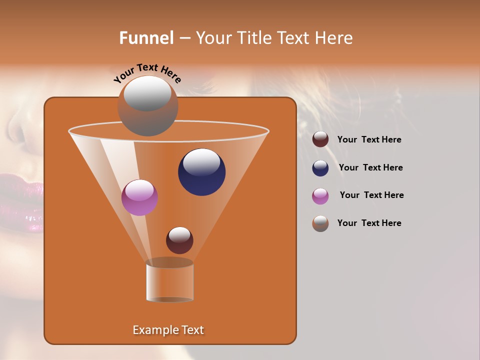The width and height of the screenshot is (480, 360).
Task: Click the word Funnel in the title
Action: pyautogui.click(x=146, y=38)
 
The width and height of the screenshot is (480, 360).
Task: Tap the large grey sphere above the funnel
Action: pyautogui.click(x=147, y=106)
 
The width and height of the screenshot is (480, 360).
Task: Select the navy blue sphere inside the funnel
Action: pyautogui.click(x=201, y=172)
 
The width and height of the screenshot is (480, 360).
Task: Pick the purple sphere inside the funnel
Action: pyautogui.click(x=139, y=197)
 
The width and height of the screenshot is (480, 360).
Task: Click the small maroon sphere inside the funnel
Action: pyautogui.click(x=179, y=240)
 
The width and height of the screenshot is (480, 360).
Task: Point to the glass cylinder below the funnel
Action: pyautogui.click(x=169, y=282)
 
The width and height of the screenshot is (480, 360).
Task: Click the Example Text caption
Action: pyautogui.click(x=168, y=330)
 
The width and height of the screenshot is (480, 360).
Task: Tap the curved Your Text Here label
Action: pyautogui.click(x=147, y=73)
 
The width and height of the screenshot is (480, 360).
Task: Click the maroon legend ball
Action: pyautogui.click(x=320, y=139)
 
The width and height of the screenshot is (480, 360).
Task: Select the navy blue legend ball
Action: pyautogui.click(x=320, y=168)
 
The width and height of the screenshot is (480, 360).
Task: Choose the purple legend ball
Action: pyautogui.click(x=320, y=196)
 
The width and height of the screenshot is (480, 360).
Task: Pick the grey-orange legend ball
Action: pyautogui.click(x=320, y=223)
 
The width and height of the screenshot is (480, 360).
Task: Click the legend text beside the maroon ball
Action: pyautogui.click(x=369, y=139)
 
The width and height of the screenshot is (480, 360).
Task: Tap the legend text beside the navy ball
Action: pyautogui.click(x=370, y=167)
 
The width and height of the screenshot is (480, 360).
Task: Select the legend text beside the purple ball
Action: pyautogui.click(x=371, y=195)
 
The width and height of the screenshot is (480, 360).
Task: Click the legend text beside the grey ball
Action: pyautogui.click(x=369, y=223)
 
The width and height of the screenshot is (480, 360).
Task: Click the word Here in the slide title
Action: pyautogui.click(x=334, y=38)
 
